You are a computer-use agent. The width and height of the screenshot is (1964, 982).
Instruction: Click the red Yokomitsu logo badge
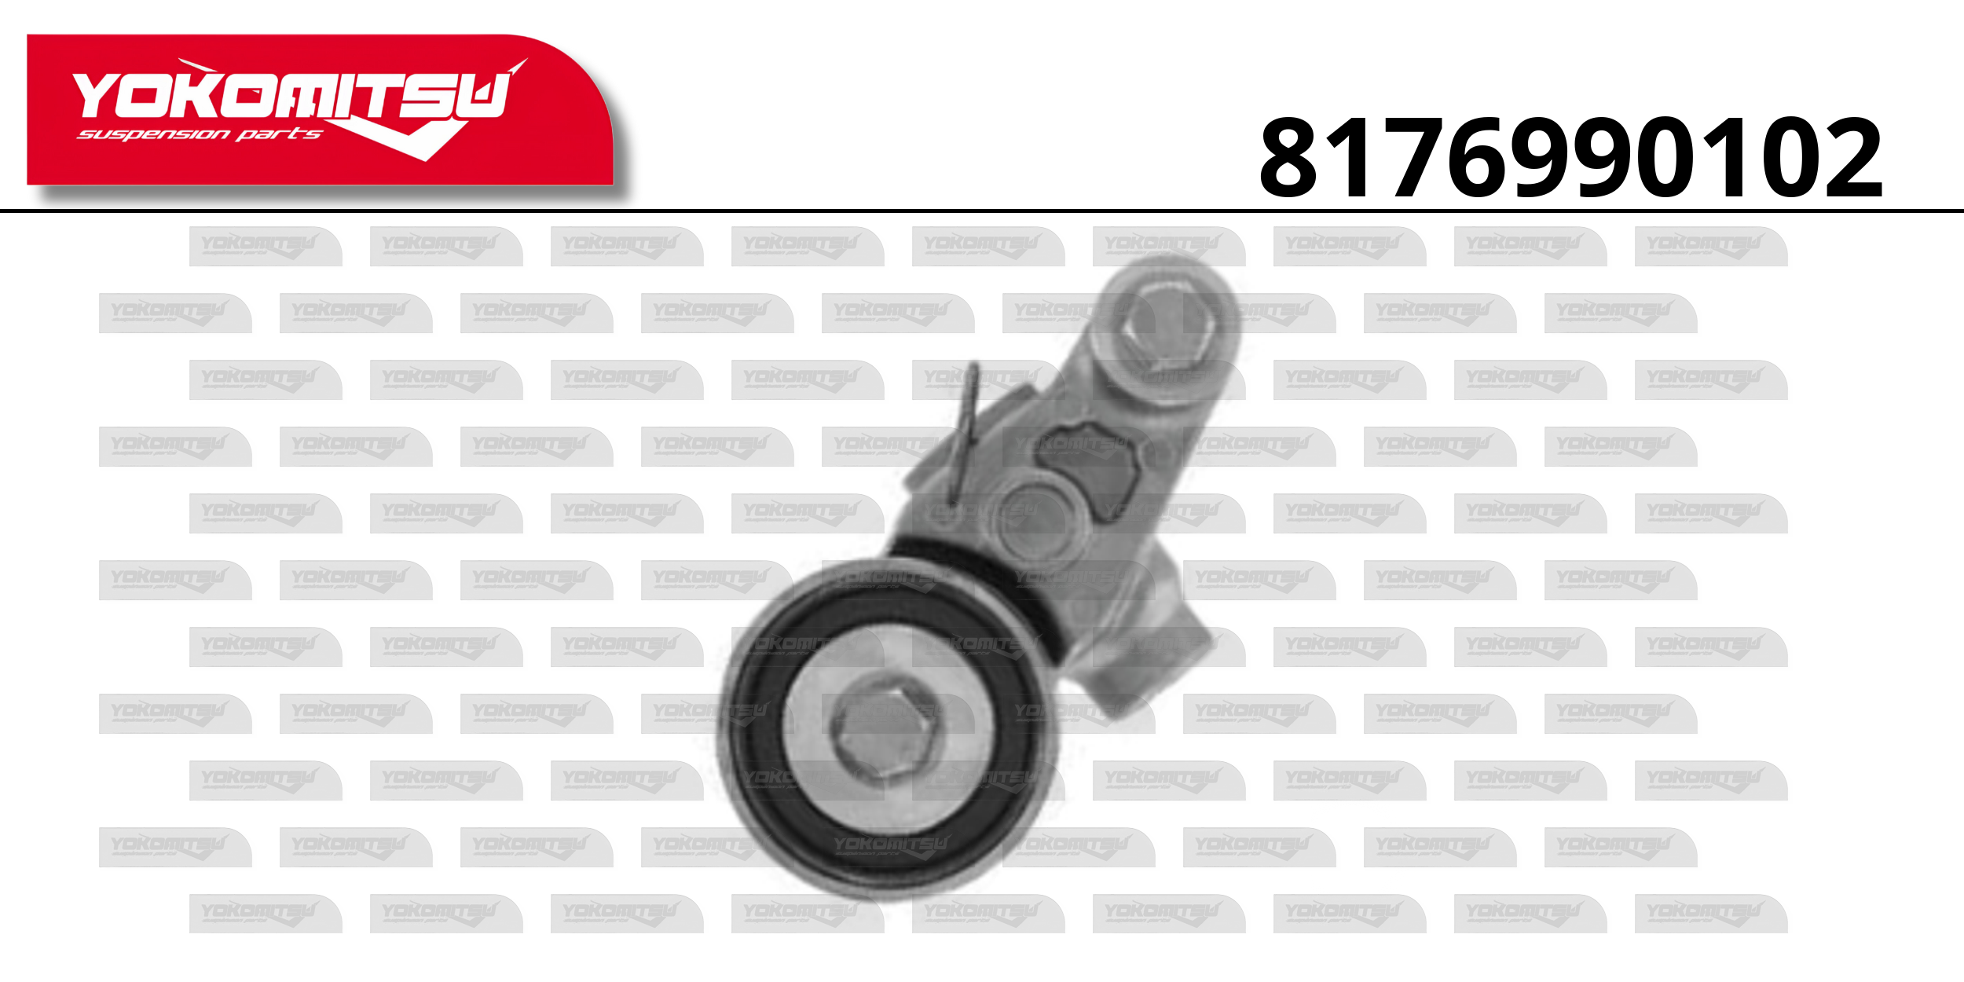pyautogui.click(x=320, y=110)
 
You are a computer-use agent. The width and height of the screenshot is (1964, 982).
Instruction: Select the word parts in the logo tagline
pyautogui.click(x=279, y=134)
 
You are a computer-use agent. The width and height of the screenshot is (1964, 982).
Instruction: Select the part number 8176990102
pyautogui.click(x=1571, y=158)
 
